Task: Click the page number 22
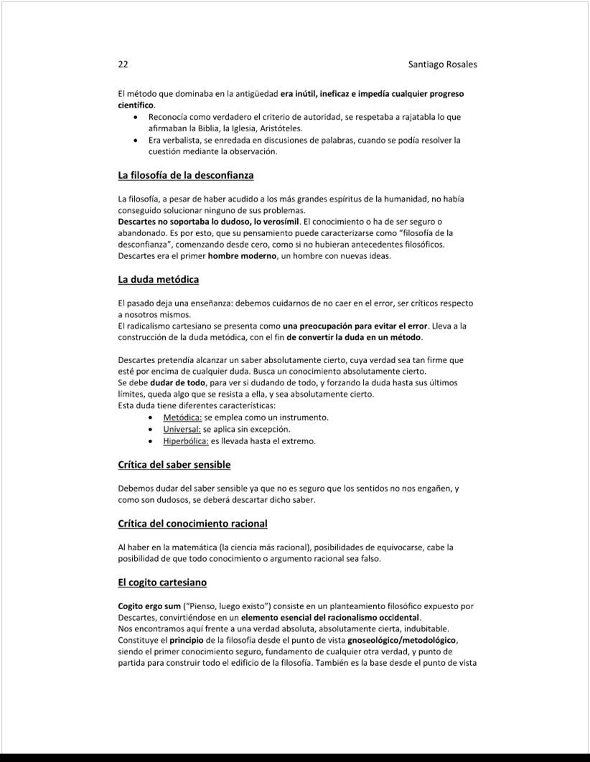[x=123, y=65]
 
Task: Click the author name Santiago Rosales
[x=442, y=65]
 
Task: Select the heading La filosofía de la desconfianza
[x=185, y=175]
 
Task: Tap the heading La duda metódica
[x=158, y=279]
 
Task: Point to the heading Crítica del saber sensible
[x=174, y=465]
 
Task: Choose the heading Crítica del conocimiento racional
[x=192, y=524]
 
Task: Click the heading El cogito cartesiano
[x=162, y=582]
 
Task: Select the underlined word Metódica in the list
[x=182, y=418]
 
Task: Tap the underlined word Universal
[x=182, y=429]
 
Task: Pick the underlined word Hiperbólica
[x=186, y=441]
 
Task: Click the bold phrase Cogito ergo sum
[x=149, y=606]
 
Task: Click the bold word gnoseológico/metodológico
[x=402, y=640]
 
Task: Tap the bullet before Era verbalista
[x=136, y=140]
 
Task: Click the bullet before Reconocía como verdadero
[x=136, y=117]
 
